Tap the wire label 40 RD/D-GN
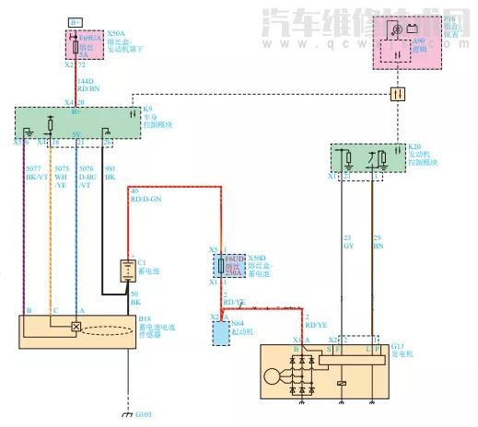click(146, 195)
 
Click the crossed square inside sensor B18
click(75, 327)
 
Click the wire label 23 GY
click(348, 243)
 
